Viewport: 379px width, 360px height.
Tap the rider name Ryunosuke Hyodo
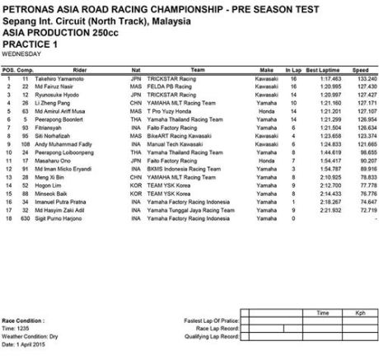54,94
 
